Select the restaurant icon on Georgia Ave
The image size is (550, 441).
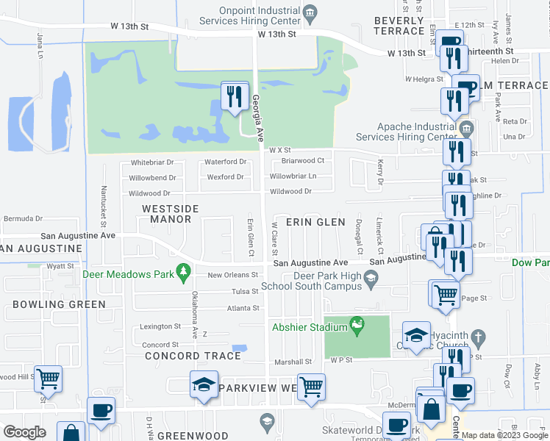click(235, 96)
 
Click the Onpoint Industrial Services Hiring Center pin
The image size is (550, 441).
click(310, 11)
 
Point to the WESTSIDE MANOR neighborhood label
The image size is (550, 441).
click(170, 214)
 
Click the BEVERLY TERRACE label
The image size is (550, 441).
click(399, 26)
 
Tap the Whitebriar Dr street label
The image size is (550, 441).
click(151, 162)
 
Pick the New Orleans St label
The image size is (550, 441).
click(233, 275)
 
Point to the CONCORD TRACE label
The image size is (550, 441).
click(193, 356)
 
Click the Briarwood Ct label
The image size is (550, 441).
click(303, 160)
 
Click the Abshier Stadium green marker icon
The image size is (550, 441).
click(358, 325)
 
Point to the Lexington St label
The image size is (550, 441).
click(160, 326)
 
